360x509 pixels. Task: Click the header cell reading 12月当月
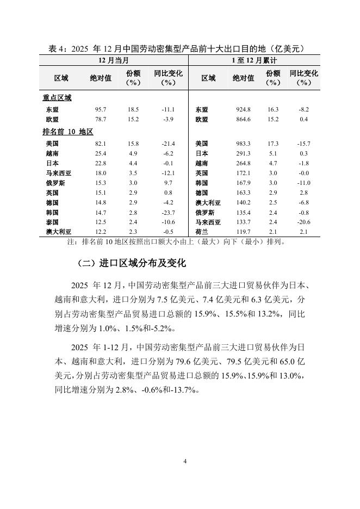click(114, 60)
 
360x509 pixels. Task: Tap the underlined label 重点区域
click(57, 98)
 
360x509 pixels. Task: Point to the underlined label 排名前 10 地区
click(68, 132)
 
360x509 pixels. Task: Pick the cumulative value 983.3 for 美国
click(243, 144)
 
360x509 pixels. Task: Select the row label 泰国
click(52, 222)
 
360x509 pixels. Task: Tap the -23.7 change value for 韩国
click(168, 213)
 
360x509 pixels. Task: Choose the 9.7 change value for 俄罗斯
click(168, 183)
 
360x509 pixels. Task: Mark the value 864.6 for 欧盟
click(243, 119)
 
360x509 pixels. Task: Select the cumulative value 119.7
click(243, 232)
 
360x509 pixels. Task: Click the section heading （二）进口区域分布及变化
click(132, 264)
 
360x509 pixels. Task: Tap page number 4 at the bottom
click(185, 462)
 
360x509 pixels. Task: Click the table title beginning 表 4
click(179, 48)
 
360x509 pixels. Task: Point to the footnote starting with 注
click(175, 242)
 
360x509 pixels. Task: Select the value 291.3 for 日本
click(243, 153)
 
